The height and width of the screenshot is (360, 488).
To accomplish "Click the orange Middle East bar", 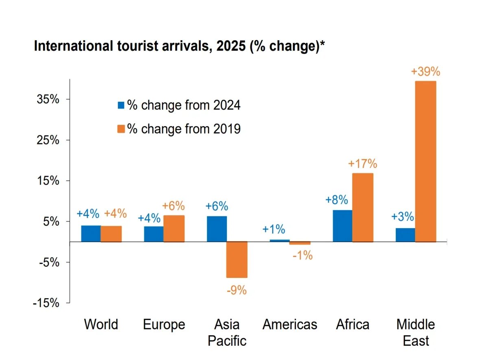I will pos(425,161).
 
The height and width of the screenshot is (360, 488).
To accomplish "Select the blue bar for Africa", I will pos(342,226).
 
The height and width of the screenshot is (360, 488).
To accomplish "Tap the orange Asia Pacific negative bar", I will pos(237,260).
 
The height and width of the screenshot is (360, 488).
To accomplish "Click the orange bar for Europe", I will pos(174,229).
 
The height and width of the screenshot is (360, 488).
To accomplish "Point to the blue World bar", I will pos(91,233).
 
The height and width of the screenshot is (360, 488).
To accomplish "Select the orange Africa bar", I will pos(363,207).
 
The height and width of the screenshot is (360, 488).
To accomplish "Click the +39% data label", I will pos(425,72).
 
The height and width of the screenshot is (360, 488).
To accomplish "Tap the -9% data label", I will pos(237,290).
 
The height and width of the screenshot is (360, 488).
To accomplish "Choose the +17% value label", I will pos(363,164).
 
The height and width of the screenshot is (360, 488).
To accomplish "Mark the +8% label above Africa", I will pos(337,200).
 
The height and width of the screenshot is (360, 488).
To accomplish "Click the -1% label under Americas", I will pos(302,255).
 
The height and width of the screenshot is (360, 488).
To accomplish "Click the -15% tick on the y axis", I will pos(48,303).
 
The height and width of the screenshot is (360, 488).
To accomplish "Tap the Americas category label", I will pos(290,325).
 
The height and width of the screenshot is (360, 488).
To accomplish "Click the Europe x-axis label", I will pos(164,325).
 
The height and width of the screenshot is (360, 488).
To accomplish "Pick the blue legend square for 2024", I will pos(121,105).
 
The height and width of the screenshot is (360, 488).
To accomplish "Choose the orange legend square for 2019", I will pos(121,129).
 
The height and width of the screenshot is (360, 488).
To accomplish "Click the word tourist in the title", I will pos(132,46).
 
